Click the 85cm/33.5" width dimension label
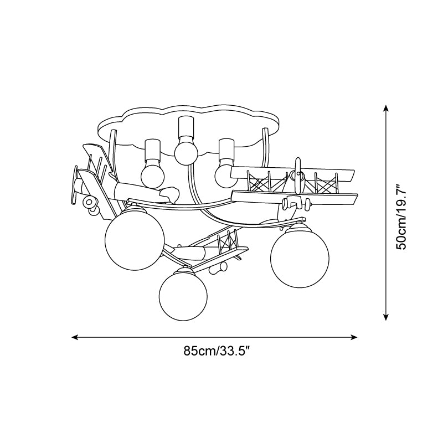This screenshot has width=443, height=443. [217, 351]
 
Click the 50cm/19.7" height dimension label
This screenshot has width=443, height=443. [401, 217]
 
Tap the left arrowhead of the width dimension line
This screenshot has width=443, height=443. [75, 337]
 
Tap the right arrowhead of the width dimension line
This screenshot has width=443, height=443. [354, 337]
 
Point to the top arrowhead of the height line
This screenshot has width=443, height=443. [386, 108]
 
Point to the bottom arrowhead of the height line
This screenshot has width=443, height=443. [386, 317]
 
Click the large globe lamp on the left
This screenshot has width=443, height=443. [135, 240]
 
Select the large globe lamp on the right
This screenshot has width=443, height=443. [300, 258]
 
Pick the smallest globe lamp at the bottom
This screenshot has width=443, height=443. [183, 296]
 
